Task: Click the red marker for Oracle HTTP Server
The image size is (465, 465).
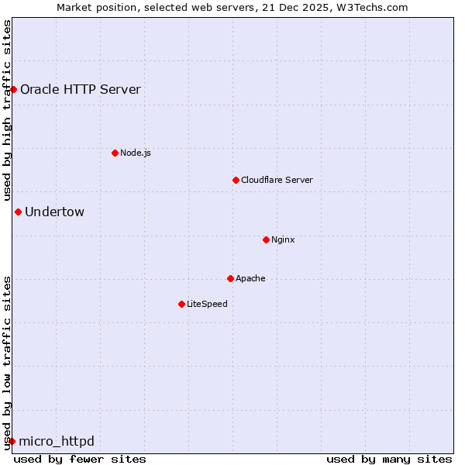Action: point(13,89)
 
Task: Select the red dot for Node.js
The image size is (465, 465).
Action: point(115,153)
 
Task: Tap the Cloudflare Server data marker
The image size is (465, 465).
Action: point(236,180)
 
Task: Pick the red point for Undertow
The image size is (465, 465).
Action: point(18,212)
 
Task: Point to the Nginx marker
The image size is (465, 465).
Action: point(266,239)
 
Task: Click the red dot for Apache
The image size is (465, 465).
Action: point(230,278)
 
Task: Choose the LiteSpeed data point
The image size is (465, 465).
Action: point(181,304)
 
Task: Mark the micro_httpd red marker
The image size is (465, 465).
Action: point(12,441)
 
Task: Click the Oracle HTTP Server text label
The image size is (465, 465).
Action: point(81,89)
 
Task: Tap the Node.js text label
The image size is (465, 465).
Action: point(136,153)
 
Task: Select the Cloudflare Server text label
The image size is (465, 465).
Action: point(277,180)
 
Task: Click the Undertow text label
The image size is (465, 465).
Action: point(54,212)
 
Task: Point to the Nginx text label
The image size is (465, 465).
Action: point(283,239)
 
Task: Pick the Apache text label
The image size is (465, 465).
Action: point(250,278)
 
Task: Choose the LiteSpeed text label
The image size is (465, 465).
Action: point(207,304)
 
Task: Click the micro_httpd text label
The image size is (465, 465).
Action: point(57,441)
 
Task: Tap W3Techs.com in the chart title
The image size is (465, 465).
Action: point(377,7)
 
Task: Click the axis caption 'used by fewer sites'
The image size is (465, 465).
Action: point(80,459)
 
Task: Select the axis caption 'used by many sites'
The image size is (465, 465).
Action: point(389,459)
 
